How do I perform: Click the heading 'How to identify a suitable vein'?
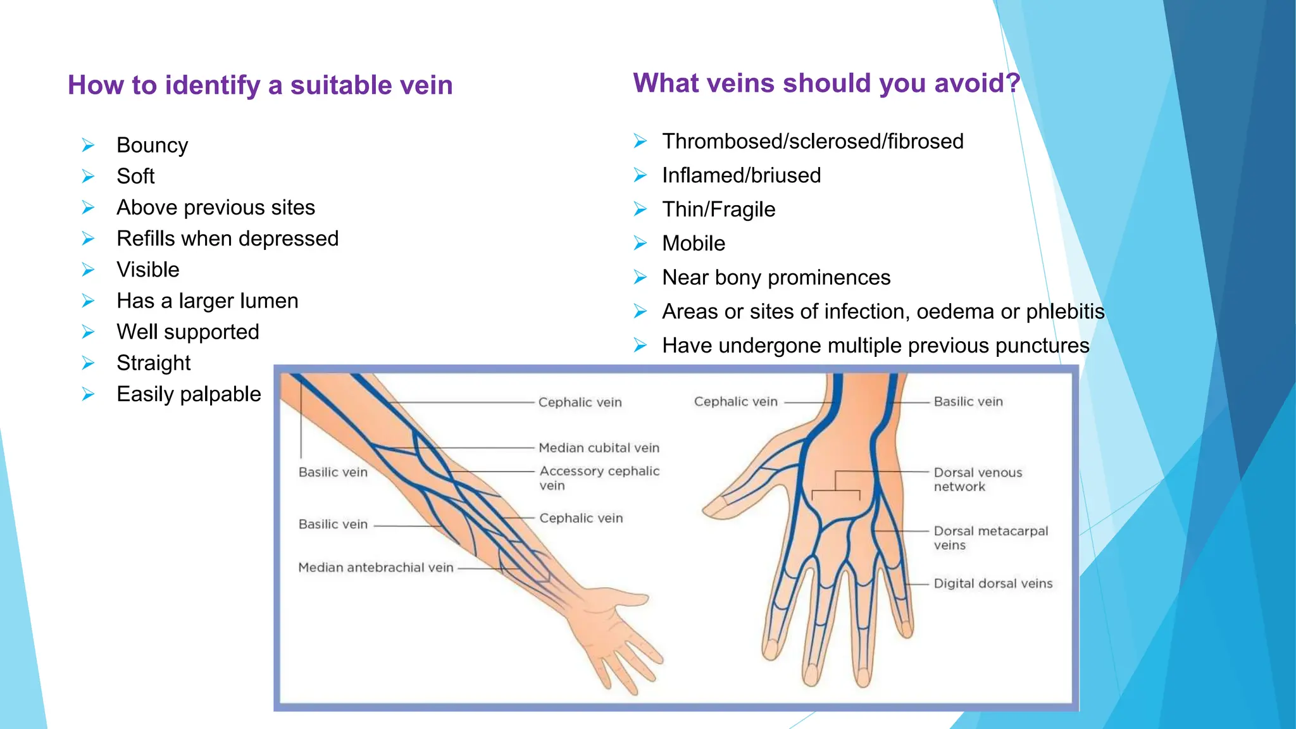point(260,85)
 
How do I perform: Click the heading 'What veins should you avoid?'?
point(826,84)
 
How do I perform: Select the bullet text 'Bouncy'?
point(152,146)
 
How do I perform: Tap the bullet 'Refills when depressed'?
point(227,239)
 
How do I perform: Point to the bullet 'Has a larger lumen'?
point(207,301)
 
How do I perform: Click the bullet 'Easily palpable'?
point(189,394)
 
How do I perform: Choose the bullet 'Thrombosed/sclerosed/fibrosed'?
point(813,141)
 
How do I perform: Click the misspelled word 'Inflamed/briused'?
point(741,175)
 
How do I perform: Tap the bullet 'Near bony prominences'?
point(776,278)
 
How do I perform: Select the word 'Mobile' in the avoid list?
point(694,244)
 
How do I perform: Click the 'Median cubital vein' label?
point(599,448)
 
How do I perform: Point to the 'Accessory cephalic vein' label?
point(599,478)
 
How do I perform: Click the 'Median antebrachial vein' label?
point(376,568)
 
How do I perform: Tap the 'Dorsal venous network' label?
point(978,480)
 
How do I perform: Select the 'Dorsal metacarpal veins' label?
point(990,538)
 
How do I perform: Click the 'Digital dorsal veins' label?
point(993,583)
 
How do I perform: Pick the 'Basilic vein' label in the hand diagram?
point(968,402)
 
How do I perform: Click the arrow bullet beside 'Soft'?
point(88,177)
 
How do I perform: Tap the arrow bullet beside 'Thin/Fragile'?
point(640,209)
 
